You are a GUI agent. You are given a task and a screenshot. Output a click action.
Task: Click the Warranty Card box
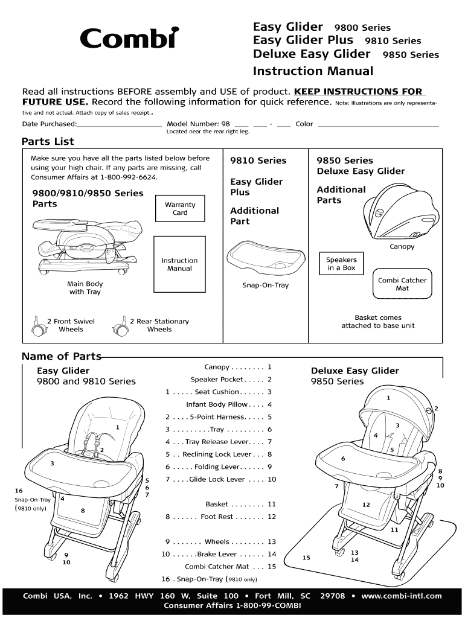[x=180, y=209]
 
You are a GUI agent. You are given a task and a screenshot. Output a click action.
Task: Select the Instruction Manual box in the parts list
[x=179, y=264]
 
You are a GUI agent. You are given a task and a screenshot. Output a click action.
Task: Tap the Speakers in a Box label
[x=341, y=264]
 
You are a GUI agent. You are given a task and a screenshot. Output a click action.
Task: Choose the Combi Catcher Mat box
[x=402, y=284]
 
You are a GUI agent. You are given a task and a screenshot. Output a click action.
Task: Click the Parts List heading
[x=48, y=142]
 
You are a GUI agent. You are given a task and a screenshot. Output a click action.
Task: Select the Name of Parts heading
[x=61, y=356]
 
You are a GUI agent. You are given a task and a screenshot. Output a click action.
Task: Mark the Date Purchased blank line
[x=120, y=125]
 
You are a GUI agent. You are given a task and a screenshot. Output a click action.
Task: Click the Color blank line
[x=377, y=125]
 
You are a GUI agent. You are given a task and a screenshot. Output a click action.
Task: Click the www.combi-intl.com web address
[x=402, y=596]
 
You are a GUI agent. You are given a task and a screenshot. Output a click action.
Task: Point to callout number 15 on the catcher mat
[x=306, y=558]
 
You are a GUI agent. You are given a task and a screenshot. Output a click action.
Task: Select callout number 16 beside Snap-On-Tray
[x=19, y=491]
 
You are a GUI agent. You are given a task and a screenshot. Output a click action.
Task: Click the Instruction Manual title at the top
[x=313, y=71]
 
